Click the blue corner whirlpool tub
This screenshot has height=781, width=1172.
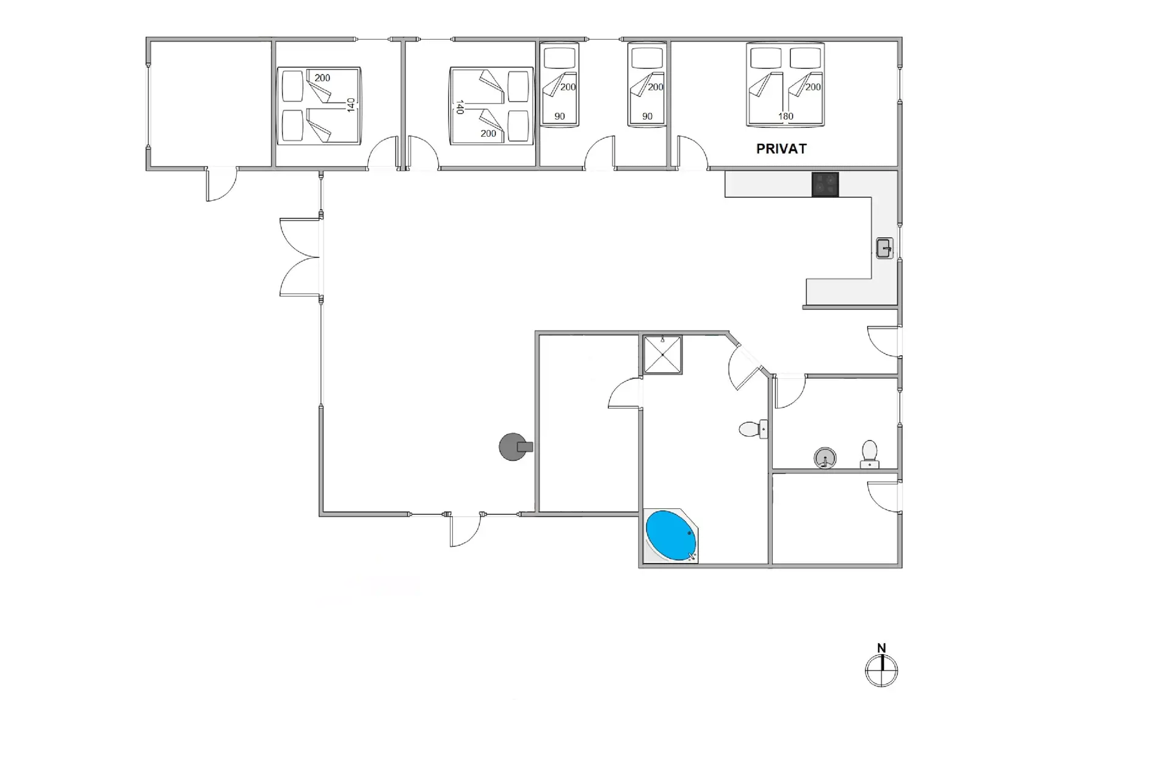(x=670, y=535)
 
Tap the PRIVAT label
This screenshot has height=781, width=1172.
(x=781, y=149)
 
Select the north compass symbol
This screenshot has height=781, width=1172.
(x=881, y=671)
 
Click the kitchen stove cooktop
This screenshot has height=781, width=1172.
(x=825, y=184)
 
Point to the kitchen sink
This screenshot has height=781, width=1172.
(x=884, y=248)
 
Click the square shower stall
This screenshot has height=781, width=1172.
(x=662, y=355)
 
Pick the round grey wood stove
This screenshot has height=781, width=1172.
(x=515, y=447)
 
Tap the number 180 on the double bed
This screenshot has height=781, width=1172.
(x=786, y=117)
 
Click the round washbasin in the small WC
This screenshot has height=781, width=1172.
(x=825, y=458)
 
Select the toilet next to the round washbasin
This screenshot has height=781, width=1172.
(x=869, y=455)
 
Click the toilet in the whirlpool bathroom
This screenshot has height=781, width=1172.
(x=753, y=429)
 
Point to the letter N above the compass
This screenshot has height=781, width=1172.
(x=881, y=648)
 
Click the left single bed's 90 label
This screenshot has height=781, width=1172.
(x=560, y=117)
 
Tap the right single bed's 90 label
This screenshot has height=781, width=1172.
(x=647, y=117)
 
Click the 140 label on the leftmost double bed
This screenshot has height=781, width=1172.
(x=350, y=105)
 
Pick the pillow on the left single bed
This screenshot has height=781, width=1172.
(x=560, y=59)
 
